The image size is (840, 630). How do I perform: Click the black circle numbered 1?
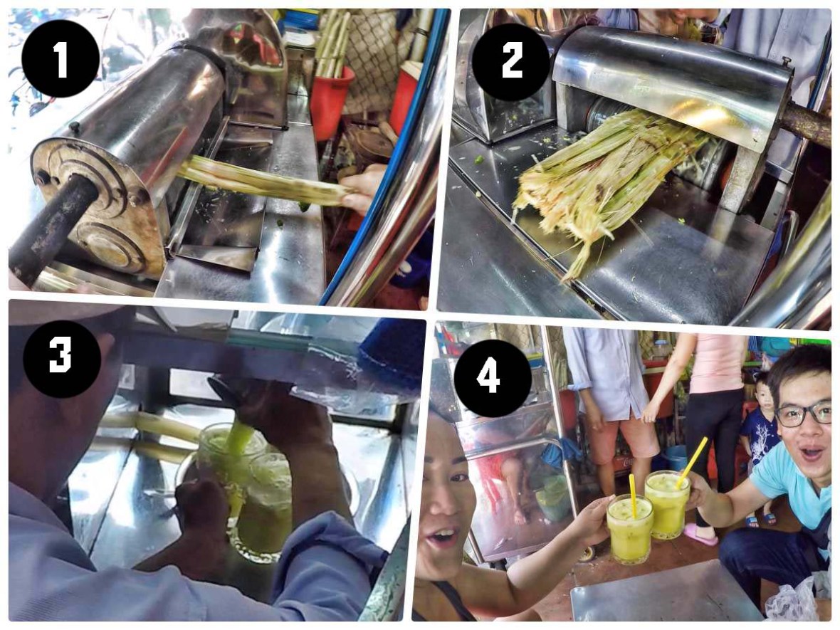pyautogui.click(x=61, y=58)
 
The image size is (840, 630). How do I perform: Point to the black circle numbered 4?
pyautogui.click(x=488, y=378)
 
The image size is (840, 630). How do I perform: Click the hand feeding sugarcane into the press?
pyautogui.click(x=363, y=188)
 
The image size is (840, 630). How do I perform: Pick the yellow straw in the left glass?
pyautogui.click(x=632, y=494)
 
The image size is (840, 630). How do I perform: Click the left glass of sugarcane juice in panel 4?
pyautogui.click(x=629, y=527)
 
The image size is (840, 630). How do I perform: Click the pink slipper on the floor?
pyautogui.click(x=700, y=533)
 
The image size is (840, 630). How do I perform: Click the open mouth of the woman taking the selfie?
pyautogui.click(x=443, y=537)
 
